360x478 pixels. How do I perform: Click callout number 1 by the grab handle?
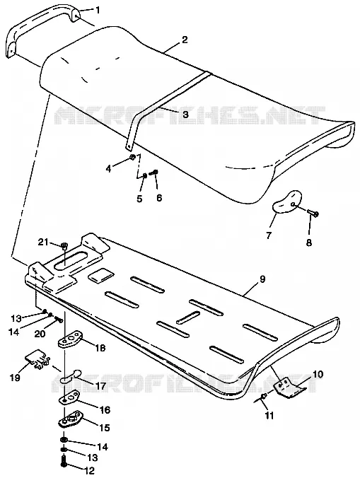98,11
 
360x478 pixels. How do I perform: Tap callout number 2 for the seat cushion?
185,40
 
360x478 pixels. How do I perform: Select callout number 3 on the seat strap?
185,115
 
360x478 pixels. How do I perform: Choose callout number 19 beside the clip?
15,378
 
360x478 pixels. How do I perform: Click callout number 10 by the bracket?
318,374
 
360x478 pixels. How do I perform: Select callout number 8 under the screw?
309,243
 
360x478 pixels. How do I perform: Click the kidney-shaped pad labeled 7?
286,202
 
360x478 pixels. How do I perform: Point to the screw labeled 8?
313,212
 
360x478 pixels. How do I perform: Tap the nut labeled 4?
132,157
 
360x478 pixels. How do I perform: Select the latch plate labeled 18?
71,340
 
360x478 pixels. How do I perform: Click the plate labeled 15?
71,419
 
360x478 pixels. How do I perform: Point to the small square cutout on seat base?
100,275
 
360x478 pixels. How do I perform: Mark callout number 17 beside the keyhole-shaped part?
100,386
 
